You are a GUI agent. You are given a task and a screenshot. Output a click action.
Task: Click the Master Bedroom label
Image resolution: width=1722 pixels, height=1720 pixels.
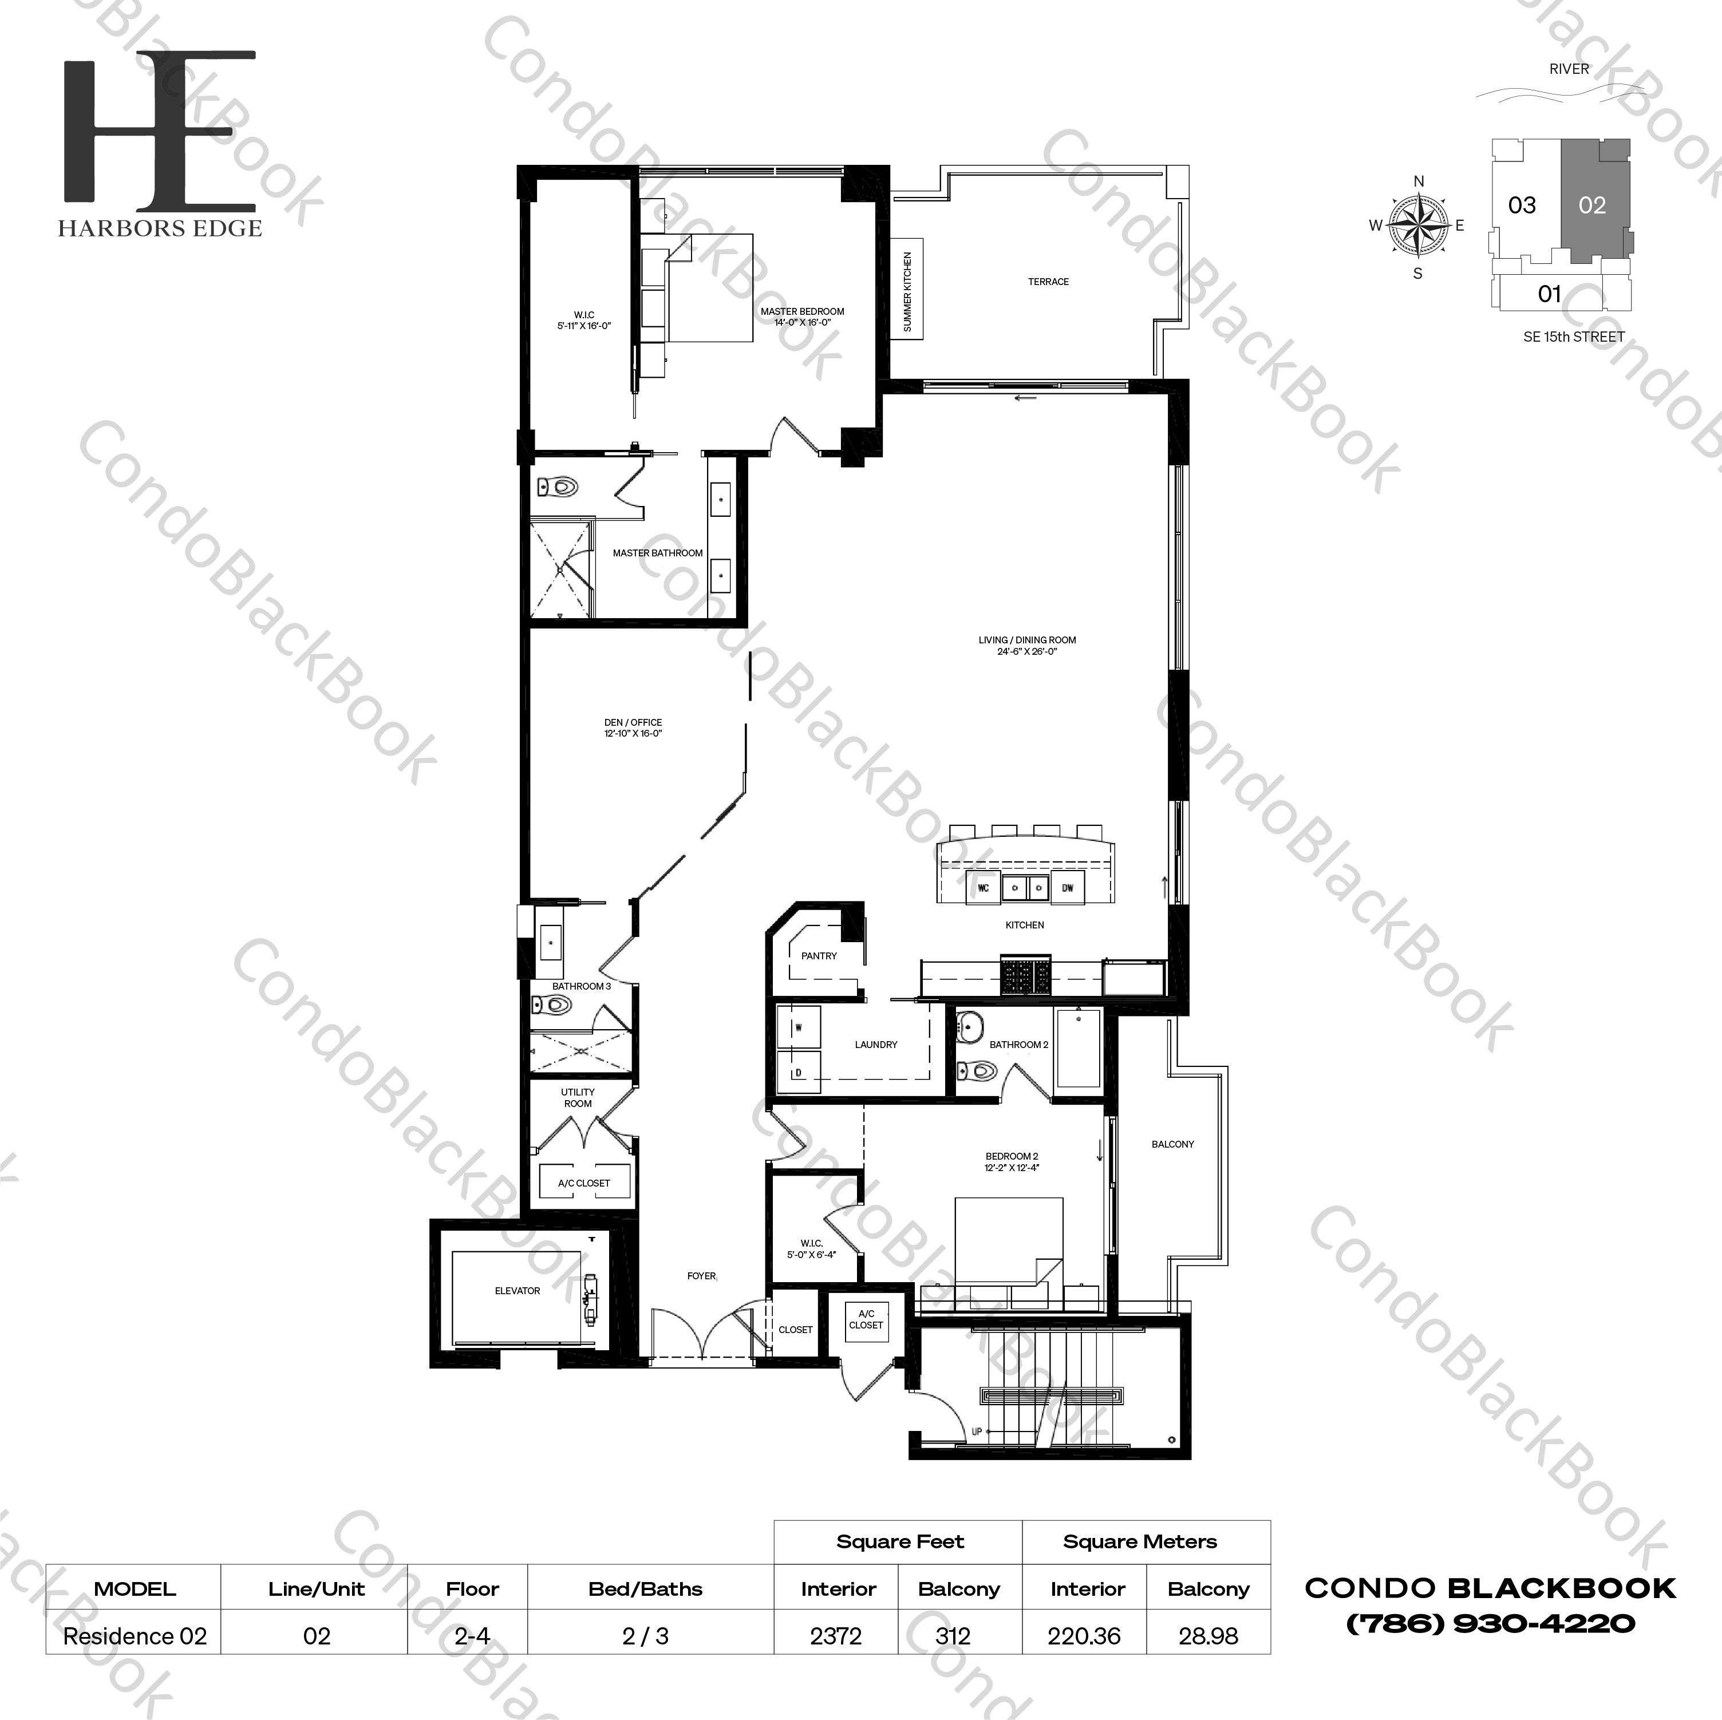(x=801, y=317)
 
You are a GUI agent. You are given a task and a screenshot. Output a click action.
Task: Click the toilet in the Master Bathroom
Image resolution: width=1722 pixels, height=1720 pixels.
(x=558, y=487)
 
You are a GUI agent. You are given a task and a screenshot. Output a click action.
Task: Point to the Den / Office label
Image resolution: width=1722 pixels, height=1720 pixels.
(x=633, y=728)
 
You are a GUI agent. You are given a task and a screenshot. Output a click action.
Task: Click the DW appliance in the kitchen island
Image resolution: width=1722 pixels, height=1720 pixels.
(x=1067, y=888)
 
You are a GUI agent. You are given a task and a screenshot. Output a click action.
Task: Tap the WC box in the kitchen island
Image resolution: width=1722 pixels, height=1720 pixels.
(x=983, y=888)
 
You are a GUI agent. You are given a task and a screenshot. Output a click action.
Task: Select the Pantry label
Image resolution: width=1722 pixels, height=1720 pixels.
(x=818, y=955)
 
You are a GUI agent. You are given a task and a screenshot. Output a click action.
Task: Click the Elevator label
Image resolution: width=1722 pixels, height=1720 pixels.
(x=517, y=1291)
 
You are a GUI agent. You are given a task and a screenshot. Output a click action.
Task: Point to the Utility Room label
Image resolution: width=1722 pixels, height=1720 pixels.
(x=578, y=1097)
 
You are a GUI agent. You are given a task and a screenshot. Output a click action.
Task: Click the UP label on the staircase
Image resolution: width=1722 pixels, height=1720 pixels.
(x=976, y=1432)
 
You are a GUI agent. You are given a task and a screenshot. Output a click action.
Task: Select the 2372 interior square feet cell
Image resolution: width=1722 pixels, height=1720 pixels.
(x=836, y=1636)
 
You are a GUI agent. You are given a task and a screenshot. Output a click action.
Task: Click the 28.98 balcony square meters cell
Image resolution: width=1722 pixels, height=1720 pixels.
(x=1208, y=1636)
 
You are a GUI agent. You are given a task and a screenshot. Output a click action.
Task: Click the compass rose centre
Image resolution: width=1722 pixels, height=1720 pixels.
(x=1418, y=226)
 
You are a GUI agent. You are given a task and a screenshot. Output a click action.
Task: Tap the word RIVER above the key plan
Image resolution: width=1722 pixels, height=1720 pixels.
(x=1569, y=69)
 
